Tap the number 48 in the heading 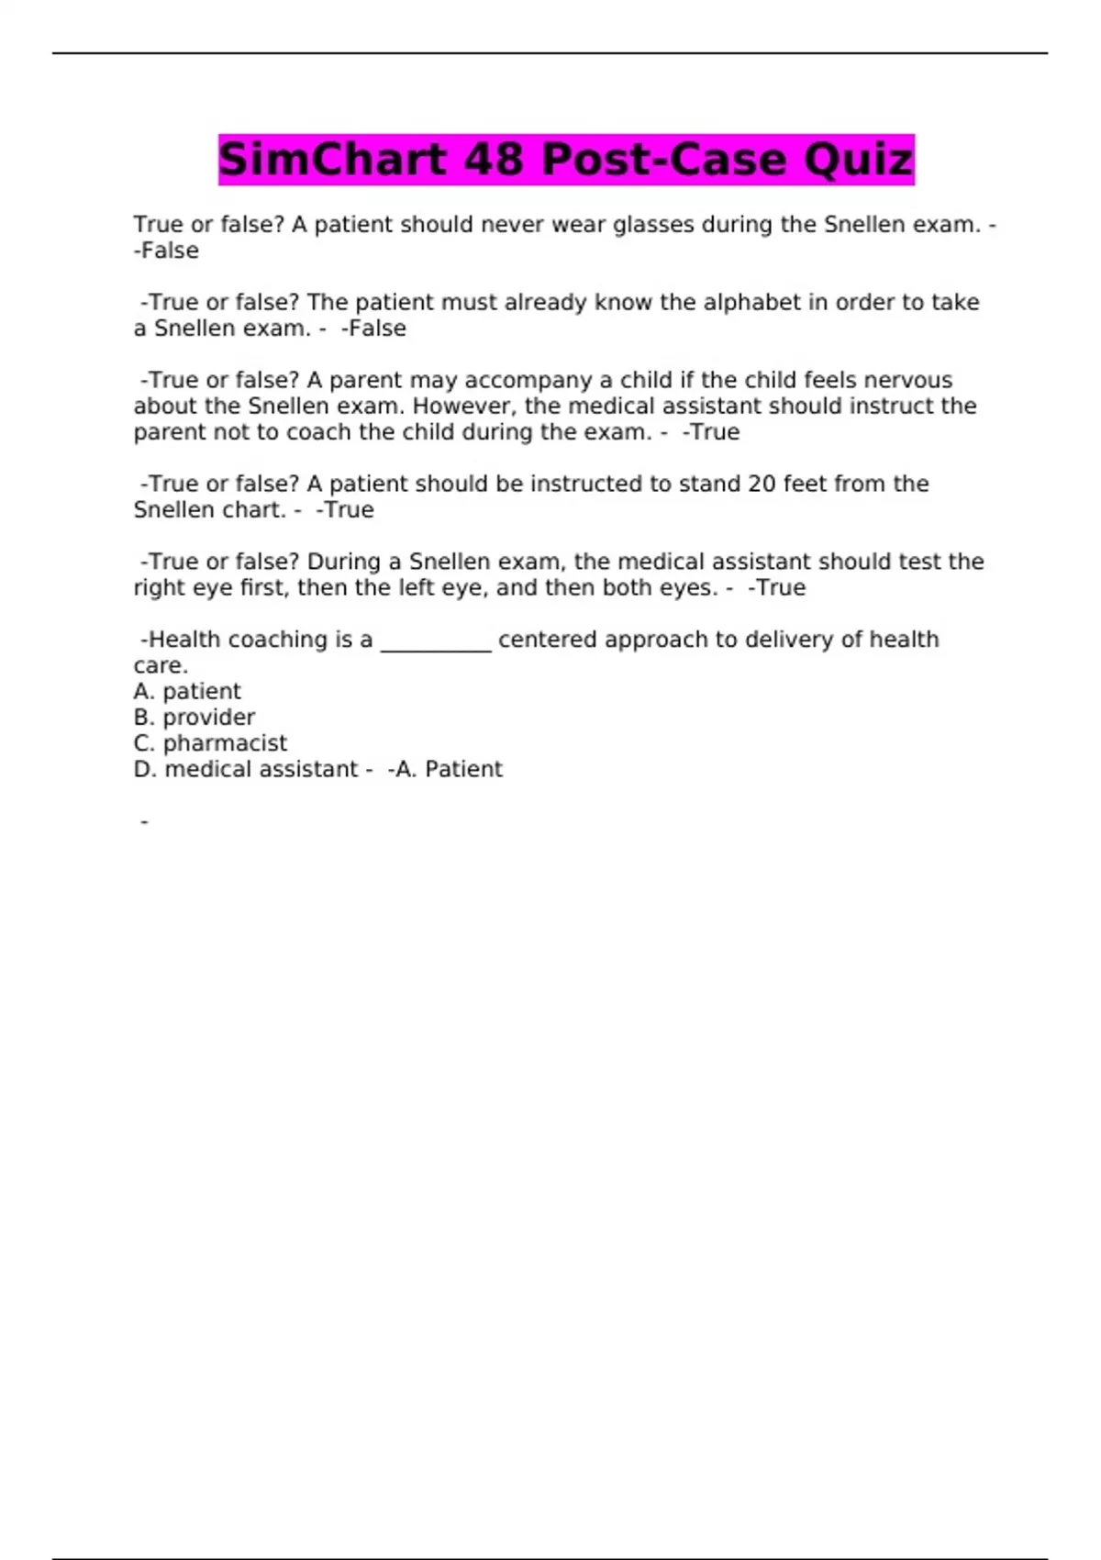494,160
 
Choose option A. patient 187,692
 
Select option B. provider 195,718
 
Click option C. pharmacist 210,743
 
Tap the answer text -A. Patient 446,769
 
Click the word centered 548,640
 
